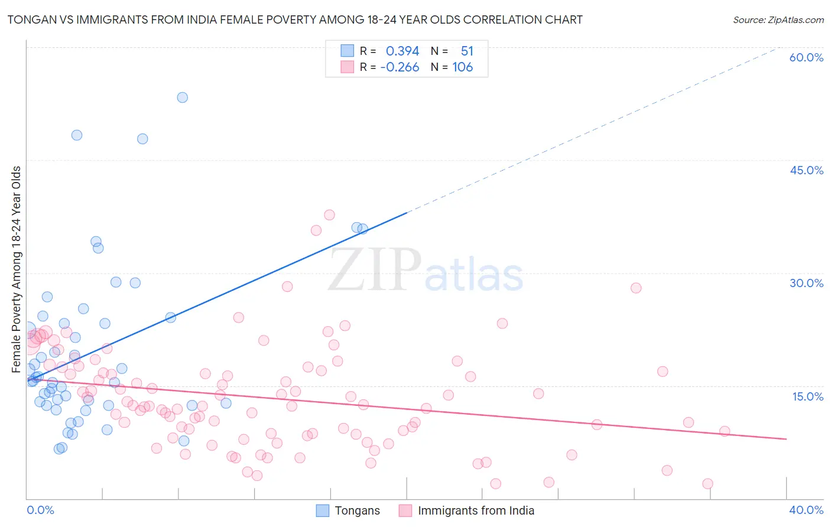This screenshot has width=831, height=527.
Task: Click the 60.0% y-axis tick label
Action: click(806, 57)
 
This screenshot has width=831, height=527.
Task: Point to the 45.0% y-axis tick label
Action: click(806, 170)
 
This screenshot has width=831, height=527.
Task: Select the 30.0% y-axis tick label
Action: click(806, 283)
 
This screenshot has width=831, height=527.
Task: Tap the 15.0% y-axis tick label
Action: click(807, 396)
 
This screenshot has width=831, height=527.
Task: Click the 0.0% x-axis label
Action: click(40, 510)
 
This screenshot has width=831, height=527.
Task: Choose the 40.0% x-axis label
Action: click(806, 510)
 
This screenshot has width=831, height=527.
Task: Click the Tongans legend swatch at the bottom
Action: click(322, 510)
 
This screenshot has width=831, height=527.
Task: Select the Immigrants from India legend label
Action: click(476, 510)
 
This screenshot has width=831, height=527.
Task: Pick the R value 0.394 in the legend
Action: click(402, 51)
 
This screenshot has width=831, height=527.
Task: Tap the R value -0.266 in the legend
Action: click(400, 67)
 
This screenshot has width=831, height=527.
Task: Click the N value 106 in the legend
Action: click(463, 67)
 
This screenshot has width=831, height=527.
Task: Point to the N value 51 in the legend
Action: click(467, 51)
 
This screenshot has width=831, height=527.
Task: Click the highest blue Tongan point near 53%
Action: click(183, 97)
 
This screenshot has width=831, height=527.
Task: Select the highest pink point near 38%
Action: click(329, 215)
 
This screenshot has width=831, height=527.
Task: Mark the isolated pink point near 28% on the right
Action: click(636, 288)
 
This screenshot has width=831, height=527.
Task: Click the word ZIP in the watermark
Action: click(374, 271)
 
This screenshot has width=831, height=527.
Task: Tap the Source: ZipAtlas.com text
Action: click(778, 20)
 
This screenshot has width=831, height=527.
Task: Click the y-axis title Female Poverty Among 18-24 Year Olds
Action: click(17, 269)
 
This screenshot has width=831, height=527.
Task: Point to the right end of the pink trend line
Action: click(786, 439)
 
